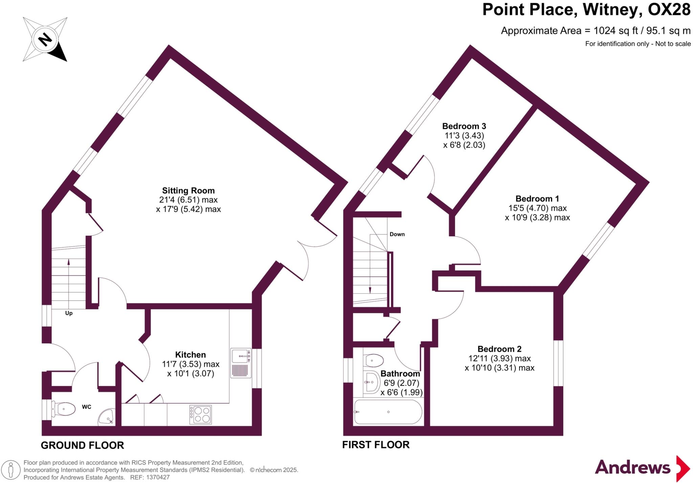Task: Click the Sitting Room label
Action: [188, 191]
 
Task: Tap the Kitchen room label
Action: [190, 355]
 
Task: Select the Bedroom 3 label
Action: [464, 126]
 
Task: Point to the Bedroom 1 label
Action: [537, 199]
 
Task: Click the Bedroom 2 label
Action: [499, 349]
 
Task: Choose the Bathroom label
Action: [400, 374]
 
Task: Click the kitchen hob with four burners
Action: [200, 415]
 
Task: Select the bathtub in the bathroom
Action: [388, 412]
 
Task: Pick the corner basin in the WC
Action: [107, 417]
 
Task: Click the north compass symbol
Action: [45, 40]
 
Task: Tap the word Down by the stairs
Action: [397, 234]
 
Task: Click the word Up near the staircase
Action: [69, 313]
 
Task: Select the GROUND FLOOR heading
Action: [82, 445]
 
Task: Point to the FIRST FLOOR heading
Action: [376, 444]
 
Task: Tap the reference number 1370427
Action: [158, 478]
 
